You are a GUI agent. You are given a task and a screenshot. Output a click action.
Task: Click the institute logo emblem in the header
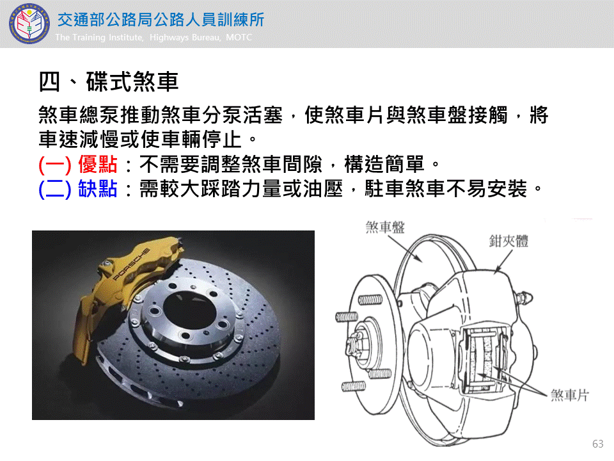pyautogui.click(x=29, y=24)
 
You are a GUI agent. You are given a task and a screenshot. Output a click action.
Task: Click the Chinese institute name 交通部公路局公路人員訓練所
pyautogui.click(x=161, y=20)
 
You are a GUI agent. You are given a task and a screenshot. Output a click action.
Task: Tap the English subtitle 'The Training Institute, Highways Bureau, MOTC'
pyautogui.click(x=153, y=37)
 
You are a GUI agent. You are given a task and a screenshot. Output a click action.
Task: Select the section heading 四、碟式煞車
pyautogui.click(x=109, y=82)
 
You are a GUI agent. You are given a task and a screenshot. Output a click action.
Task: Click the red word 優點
pyautogui.click(x=97, y=164)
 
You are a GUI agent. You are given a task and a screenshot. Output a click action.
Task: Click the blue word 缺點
pyautogui.click(x=97, y=189)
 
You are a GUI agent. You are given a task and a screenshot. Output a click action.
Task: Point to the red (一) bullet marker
pyautogui.click(x=55, y=165)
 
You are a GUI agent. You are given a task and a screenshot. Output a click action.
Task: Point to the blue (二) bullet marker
pyautogui.click(x=55, y=190)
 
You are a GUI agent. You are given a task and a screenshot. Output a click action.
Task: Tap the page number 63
pyautogui.click(x=598, y=444)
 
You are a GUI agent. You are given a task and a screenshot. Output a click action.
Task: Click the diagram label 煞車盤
pyautogui.click(x=385, y=227)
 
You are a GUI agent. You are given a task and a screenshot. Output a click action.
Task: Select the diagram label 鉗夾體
pyautogui.click(x=508, y=241)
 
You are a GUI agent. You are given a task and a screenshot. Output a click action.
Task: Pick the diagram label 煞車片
pyautogui.click(x=570, y=395)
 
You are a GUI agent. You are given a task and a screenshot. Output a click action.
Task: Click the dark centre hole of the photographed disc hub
pyautogui.click(x=189, y=309)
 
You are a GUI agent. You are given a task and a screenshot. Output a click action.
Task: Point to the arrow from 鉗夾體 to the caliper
pyautogui.click(x=503, y=261)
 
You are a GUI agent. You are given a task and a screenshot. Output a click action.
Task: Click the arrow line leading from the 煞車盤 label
pyautogui.click(x=405, y=249)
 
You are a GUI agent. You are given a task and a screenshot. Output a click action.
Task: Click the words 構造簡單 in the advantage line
pyautogui.click(x=384, y=164)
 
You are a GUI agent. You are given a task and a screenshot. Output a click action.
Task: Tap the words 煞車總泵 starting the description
pyautogui.click(x=79, y=115)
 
